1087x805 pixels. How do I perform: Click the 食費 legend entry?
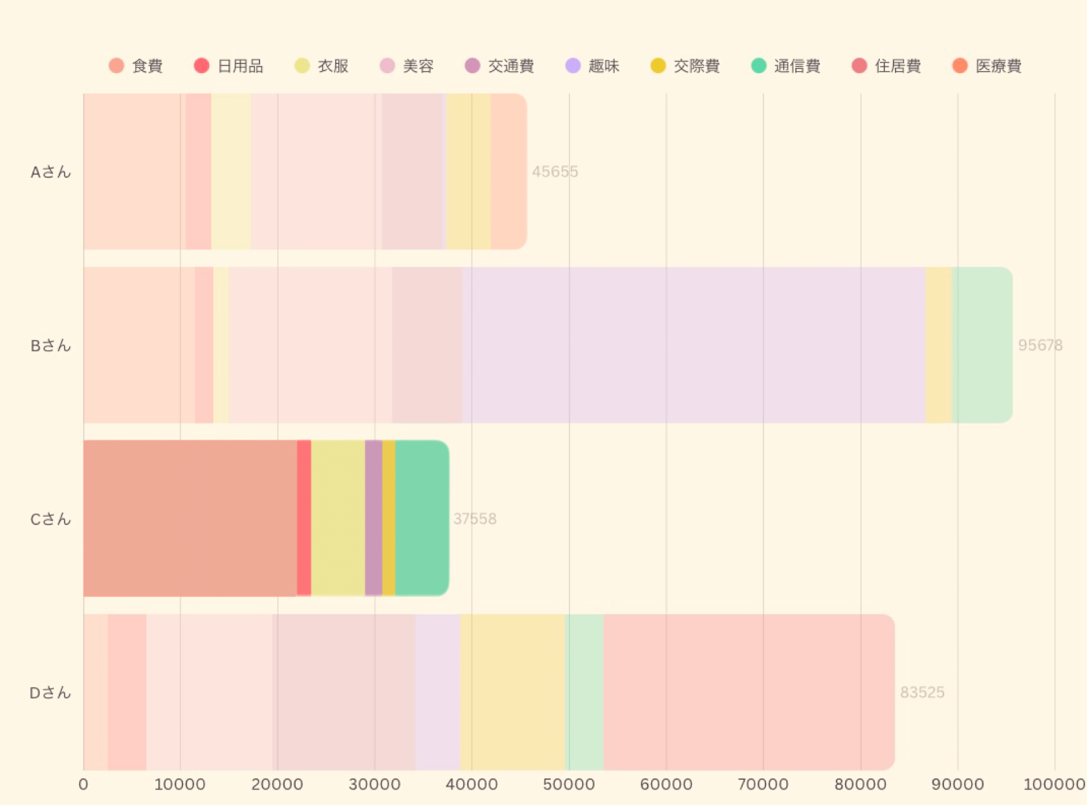[x=137, y=66]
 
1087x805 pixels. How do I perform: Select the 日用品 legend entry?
[x=229, y=66]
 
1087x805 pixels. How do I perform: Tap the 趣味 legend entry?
[x=593, y=66]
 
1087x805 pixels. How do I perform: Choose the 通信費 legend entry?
[x=786, y=66]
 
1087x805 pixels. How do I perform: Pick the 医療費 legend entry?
[x=987, y=66]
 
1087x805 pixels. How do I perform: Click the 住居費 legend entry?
[x=886, y=66]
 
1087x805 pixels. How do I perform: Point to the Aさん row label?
[x=50, y=172]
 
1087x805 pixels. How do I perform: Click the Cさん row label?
[x=50, y=519]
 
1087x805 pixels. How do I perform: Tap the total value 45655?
[x=554, y=172]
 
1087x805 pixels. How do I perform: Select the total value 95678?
[x=1040, y=345]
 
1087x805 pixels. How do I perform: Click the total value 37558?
[x=474, y=519]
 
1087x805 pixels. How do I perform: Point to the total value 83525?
[x=922, y=692]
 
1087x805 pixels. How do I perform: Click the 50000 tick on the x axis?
[x=569, y=785]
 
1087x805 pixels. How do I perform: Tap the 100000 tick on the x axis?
[x=1054, y=785]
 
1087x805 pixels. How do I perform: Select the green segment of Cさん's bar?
[x=422, y=518]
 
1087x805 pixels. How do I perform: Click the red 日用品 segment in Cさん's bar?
[x=304, y=518]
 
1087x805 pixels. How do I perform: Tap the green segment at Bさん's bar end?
[x=982, y=345]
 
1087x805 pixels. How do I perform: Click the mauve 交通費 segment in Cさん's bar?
[x=373, y=518]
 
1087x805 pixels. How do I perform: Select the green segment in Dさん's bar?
[x=584, y=692]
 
